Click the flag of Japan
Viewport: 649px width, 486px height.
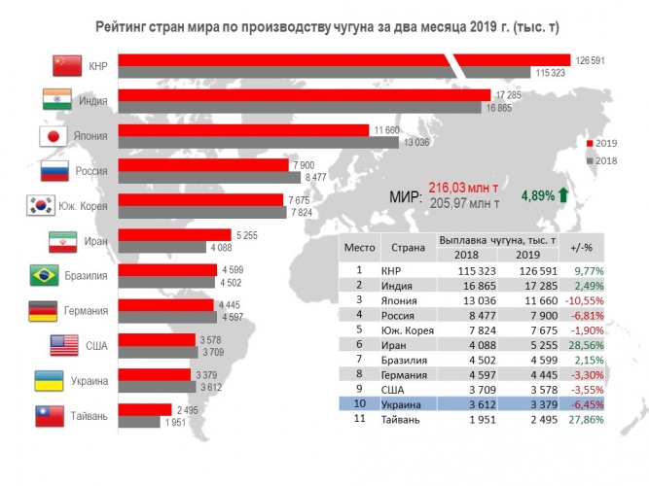tap(52, 136)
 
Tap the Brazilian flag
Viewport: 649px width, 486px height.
tap(45, 275)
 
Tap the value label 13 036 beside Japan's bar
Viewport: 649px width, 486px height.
tap(417, 143)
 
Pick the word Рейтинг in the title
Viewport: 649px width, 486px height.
tap(126, 20)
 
